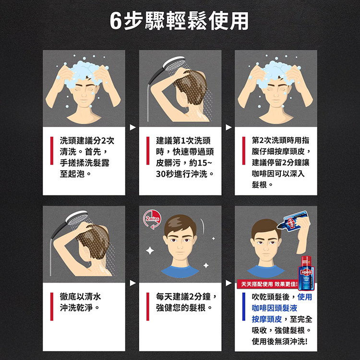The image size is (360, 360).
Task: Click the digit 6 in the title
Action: pyautogui.click(x=116, y=21)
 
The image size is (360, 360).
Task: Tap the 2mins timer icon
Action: pyautogui.click(x=152, y=219)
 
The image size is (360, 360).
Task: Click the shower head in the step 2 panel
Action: pyautogui.click(x=174, y=63)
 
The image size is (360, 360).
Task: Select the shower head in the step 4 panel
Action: pyautogui.click(x=77, y=218)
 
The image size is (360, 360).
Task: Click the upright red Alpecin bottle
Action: pyautogui.click(x=306, y=273)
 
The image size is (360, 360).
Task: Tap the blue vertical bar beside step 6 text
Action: pyautogui.click(x=243, y=307)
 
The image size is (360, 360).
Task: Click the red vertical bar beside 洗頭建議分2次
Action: pyautogui.click(x=52, y=151)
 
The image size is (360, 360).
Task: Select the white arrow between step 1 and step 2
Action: pyautogui.click(x=132, y=127)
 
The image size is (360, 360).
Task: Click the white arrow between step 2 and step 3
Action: pyautogui.click(x=228, y=127)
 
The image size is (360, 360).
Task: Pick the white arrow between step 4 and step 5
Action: pyautogui.click(x=132, y=283)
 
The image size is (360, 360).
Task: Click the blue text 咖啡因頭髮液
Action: pyautogui.click(x=275, y=308)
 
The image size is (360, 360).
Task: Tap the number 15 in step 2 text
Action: pyautogui.click(x=202, y=163)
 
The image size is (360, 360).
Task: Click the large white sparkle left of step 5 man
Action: pyautogui.click(x=150, y=251)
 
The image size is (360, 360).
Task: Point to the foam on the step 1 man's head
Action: pyautogui.click(x=83, y=72)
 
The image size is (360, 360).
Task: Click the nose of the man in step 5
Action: pyautogui.click(x=180, y=246)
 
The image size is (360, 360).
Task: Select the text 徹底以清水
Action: pyautogui.click(x=80, y=297)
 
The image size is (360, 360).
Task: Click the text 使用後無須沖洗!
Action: pyautogui.click(x=279, y=341)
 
